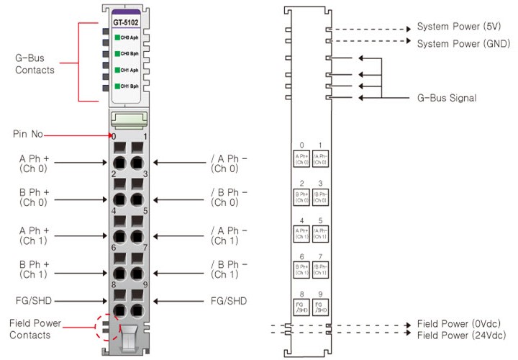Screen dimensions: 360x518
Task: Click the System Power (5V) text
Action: (458, 27)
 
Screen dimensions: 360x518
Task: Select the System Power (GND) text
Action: (463, 44)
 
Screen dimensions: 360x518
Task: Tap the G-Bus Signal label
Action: (447, 97)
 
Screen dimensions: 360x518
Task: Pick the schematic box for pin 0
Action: (301, 158)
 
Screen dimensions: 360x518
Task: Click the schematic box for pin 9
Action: (321, 307)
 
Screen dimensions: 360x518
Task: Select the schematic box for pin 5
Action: (321, 233)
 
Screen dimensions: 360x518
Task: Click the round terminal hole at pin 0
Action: (119, 162)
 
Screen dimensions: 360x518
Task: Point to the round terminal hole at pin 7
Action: (138, 274)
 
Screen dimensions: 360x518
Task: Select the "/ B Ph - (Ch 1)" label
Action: (228, 269)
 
